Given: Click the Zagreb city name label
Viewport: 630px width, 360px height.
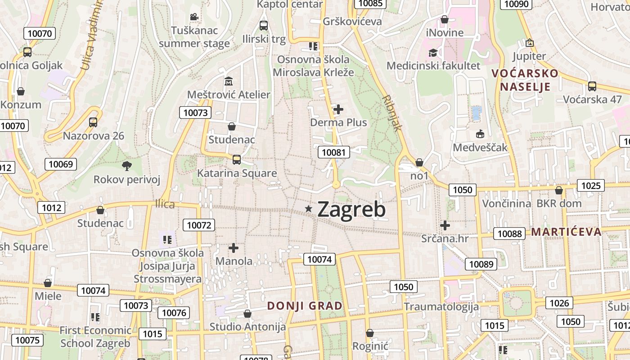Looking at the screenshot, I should point(351,210).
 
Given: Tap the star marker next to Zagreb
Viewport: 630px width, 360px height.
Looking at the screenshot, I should point(309,208).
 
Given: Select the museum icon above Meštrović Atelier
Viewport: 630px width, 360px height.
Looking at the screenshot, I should point(229,81).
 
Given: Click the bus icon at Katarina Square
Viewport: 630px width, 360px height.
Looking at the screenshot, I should point(236,159).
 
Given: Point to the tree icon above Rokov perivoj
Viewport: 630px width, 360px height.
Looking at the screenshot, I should point(127,166).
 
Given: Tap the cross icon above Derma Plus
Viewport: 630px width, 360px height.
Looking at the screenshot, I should point(338,109).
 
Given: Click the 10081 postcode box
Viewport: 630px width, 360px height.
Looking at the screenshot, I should point(334,152).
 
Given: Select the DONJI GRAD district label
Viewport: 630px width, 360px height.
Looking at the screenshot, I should point(305,306).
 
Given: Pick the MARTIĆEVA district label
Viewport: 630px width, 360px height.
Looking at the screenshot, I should point(566,232).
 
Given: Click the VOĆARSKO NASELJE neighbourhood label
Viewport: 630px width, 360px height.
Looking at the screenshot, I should point(525,80).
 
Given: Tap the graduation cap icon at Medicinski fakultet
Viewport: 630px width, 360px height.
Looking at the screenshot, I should point(433,53).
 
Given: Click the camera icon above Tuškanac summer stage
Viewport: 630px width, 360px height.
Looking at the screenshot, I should point(194,17).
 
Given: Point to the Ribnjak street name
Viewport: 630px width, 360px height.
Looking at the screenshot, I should point(391,112).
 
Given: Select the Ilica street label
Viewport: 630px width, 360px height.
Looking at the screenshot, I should point(165,204).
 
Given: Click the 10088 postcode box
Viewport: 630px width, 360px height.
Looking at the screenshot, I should point(510,234).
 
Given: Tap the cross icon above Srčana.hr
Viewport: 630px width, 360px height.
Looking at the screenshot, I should point(445,225).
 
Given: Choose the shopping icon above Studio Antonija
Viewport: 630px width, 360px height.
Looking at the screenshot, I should point(247,313).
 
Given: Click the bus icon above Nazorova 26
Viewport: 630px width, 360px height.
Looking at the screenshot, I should point(93,122).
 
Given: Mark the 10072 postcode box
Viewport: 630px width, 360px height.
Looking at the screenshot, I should point(199,225).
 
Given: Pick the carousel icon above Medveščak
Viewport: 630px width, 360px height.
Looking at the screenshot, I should point(480,134).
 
